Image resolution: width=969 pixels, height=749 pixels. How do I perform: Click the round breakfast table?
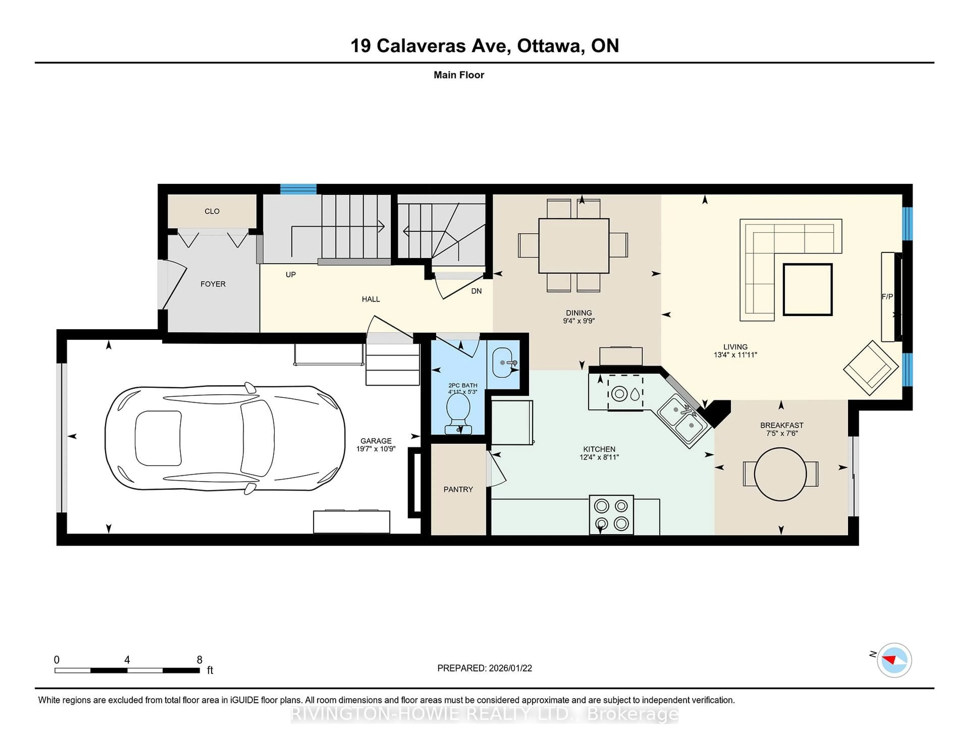click(780, 474)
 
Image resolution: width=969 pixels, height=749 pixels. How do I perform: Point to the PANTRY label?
click(458, 489)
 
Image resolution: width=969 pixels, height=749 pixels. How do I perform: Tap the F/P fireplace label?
click(887, 297)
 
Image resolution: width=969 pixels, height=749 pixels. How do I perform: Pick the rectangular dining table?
click(573, 246)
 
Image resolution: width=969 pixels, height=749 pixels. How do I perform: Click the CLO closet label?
click(212, 211)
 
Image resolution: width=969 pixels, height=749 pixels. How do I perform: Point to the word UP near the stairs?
click(291, 275)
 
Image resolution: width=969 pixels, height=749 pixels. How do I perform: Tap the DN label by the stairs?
click(476, 291)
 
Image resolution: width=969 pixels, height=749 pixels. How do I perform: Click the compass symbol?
click(894, 660)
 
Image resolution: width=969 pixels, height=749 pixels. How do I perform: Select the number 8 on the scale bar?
click(200, 660)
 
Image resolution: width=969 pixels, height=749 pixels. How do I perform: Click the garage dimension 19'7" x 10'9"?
click(376, 449)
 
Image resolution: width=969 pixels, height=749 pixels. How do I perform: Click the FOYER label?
click(213, 284)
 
